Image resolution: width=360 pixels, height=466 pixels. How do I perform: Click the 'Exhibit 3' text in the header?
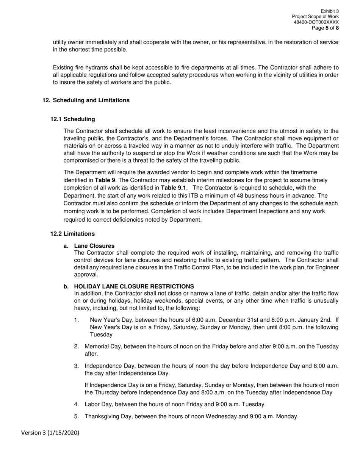329,11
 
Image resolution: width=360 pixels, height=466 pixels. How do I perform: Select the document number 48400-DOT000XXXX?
316,22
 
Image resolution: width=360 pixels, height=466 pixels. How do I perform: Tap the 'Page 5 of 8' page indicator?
325,28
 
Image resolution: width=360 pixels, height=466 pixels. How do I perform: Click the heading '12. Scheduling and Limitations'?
86,100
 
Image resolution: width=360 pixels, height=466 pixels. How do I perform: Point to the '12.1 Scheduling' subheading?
73,119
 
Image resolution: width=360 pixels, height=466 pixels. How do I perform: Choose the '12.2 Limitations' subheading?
73,234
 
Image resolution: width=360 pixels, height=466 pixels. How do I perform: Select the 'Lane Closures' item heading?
94,246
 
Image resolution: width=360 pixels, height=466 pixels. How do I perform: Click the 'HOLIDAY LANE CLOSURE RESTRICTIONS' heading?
134,286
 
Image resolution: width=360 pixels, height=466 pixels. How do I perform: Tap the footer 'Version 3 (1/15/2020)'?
50,433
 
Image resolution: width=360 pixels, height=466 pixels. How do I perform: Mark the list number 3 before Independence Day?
76,366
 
